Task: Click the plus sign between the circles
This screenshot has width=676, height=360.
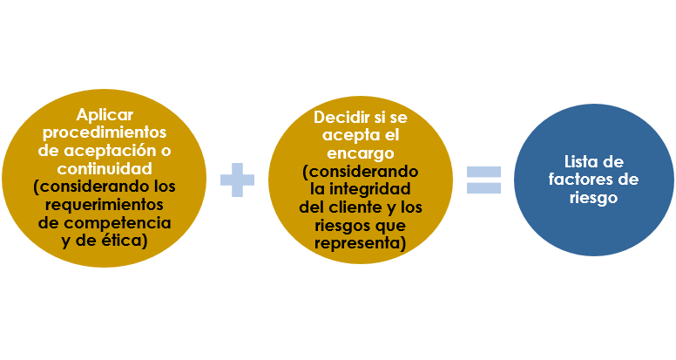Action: coord(237,180)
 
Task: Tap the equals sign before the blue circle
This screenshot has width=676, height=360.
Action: coord(483,180)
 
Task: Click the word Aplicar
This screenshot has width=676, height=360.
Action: coord(105,114)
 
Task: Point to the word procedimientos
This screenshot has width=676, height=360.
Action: coord(105,132)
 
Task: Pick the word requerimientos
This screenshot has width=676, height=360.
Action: coord(105,205)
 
